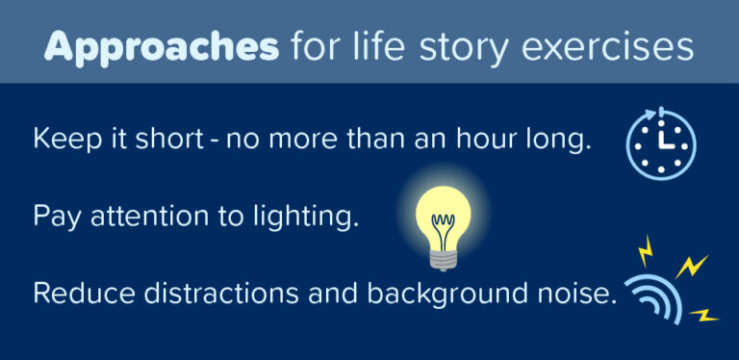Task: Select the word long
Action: [x=559, y=141]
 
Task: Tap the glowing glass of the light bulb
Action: [x=442, y=215]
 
